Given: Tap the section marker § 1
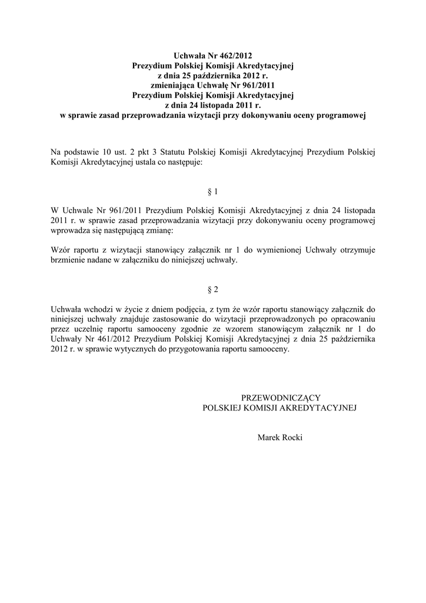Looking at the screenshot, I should click(213, 192).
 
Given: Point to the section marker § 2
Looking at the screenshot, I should click(213, 290).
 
